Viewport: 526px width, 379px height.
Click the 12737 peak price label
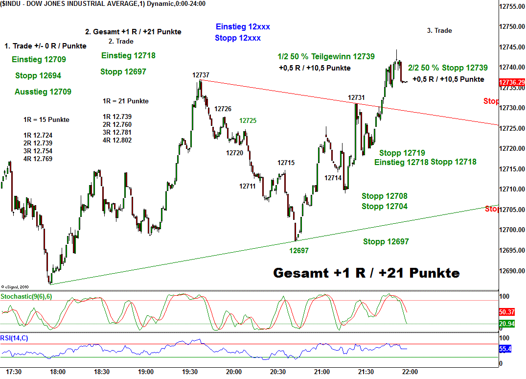201,75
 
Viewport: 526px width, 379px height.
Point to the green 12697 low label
299,251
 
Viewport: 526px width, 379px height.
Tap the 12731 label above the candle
356,97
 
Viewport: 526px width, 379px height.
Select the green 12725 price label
248,120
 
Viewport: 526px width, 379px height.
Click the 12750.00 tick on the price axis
512,26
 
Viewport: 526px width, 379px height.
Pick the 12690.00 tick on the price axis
512,271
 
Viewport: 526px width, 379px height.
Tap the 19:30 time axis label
189,372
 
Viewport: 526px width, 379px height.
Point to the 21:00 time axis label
321,372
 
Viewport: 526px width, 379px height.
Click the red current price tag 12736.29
512,83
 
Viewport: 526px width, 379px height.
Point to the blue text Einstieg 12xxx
243,27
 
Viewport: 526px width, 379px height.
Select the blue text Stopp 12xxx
238,38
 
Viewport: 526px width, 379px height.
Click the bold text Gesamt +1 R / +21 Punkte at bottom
366,273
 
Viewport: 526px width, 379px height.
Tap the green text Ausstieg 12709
43,92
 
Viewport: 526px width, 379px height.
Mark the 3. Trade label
439,30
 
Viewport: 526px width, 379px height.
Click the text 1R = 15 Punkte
46,119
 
